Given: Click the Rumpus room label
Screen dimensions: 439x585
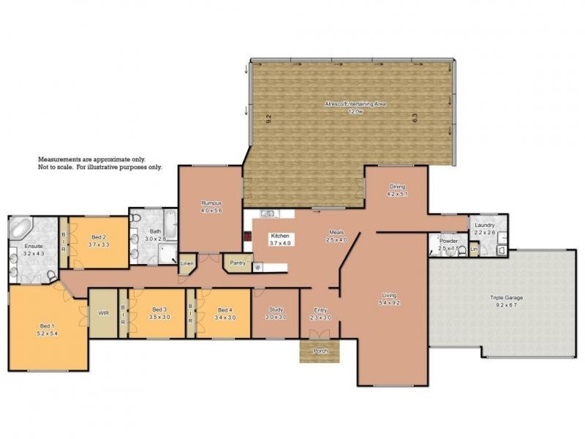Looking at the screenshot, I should [x=211, y=203].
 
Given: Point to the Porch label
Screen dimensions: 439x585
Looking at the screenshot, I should [x=320, y=351].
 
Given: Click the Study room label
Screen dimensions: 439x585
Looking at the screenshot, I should [x=276, y=309].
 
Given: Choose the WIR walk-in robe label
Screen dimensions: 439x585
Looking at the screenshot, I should [x=103, y=313].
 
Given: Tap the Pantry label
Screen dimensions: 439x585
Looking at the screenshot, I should [x=237, y=263].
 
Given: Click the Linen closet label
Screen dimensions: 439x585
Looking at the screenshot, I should [x=187, y=263].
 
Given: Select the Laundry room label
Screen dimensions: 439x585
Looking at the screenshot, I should [x=485, y=225].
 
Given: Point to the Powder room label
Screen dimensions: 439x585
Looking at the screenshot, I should [x=448, y=240].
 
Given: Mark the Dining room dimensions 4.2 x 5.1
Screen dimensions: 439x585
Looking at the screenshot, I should [x=396, y=195].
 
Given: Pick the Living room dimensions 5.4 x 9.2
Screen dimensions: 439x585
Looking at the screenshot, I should [x=388, y=302].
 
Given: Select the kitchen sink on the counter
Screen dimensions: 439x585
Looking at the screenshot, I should [x=268, y=214].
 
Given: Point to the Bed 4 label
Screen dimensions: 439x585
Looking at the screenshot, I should [x=224, y=310].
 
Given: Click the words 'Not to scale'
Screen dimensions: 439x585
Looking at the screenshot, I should [x=57, y=167].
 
